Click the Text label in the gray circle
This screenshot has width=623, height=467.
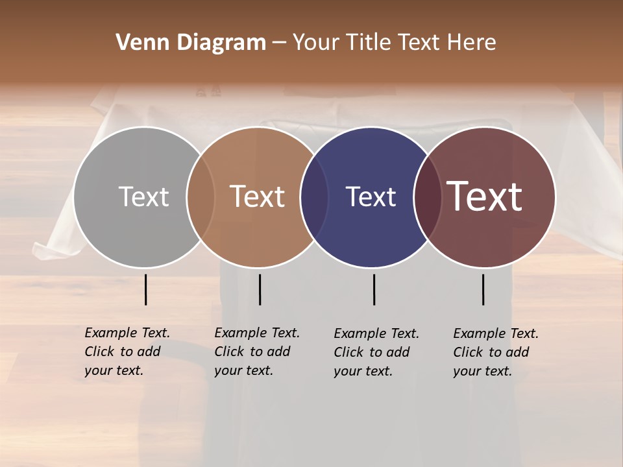(143, 197)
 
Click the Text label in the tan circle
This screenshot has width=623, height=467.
(258, 197)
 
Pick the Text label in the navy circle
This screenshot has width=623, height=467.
(371, 197)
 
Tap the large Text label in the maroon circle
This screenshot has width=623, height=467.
(485, 197)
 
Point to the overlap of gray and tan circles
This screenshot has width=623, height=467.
(201, 197)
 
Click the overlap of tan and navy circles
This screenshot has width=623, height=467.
(314, 197)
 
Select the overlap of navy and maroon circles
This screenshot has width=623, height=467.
(427, 197)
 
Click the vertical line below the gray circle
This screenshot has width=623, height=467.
(146, 289)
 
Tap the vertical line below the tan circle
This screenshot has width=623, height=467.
(260, 289)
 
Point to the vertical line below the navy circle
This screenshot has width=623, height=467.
(374, 289)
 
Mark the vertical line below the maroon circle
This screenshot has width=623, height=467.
(483, 289)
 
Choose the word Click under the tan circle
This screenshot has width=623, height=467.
(230, 352)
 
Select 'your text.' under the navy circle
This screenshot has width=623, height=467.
(363, 372)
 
